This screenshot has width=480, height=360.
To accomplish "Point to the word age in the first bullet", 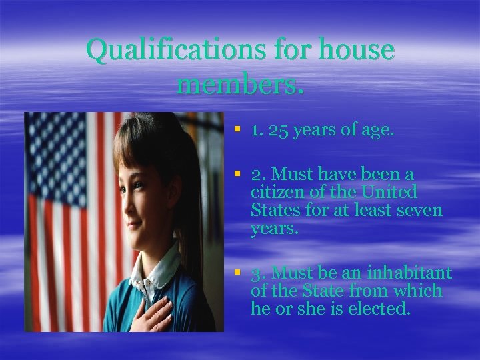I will pos(377,131).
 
